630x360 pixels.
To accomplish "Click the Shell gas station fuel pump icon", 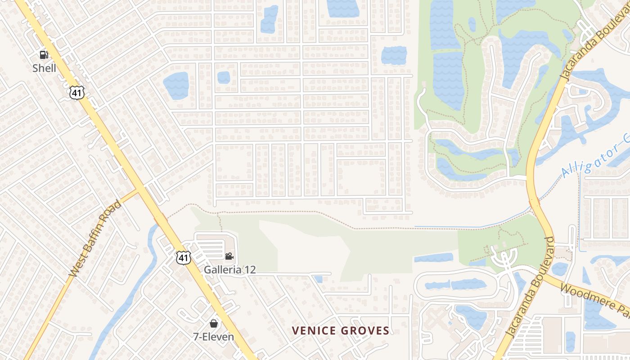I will (44, 55).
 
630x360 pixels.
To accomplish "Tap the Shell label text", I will (44, 68).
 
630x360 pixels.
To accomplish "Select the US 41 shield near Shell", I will (77, 93).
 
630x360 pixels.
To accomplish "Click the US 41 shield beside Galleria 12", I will (183, 257).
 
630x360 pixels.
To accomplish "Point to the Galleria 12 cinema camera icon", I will (229, 256).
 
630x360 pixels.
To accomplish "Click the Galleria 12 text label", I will (229, 270).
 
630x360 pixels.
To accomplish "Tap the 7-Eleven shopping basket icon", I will (214, 324).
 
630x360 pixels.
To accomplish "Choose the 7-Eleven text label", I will (214, 337).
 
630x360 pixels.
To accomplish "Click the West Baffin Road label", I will (95, 238).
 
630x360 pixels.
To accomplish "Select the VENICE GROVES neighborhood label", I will (340, 331).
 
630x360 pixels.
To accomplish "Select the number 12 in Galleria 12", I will (250, 270).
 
